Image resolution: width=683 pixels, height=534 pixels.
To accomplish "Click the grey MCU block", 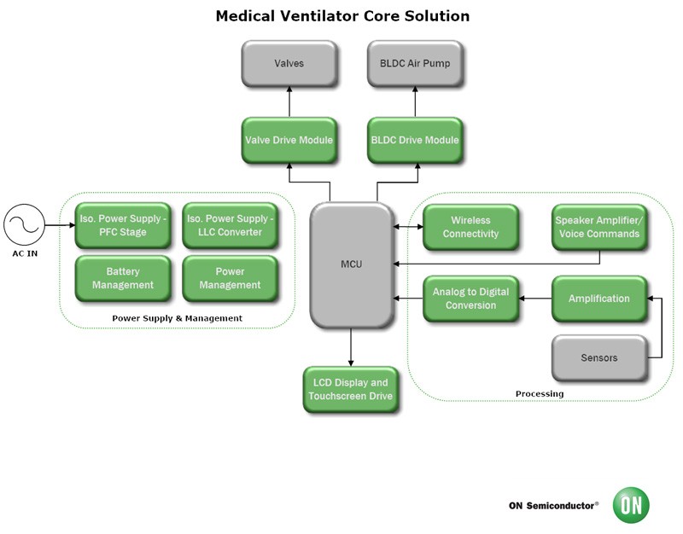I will click(x=350, y=264).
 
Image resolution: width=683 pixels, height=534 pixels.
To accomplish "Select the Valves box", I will click(x=288, y=63).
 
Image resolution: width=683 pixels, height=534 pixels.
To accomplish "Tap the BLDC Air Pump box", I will click(x=414, y=63).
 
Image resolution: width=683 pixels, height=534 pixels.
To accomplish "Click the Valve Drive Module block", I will click(x=288, y=140).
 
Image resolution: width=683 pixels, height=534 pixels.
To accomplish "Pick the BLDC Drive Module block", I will click(x=414, y=140).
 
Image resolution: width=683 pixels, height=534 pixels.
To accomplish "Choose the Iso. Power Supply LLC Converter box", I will click(x=230, y=226).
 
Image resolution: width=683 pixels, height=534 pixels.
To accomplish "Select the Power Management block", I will click(x=230, y=278).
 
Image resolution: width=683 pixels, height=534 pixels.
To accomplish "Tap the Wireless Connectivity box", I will click(x=470, y=227).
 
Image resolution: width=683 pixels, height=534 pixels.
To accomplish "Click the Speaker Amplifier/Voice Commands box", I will click(x=598, y=227).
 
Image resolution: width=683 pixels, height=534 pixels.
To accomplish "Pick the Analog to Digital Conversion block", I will click(x=470, y=299).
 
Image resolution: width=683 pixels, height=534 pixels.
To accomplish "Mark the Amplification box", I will click(x=598, y=299).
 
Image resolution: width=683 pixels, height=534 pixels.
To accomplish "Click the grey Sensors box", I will click(x=598, y=357).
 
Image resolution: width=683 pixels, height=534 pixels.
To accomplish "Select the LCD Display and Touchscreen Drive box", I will click(x=349, y=389).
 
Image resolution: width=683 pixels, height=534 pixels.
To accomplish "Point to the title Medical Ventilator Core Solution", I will click(x=341, y=16).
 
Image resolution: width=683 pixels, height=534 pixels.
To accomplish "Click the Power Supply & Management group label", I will click(x=178, y=318).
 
